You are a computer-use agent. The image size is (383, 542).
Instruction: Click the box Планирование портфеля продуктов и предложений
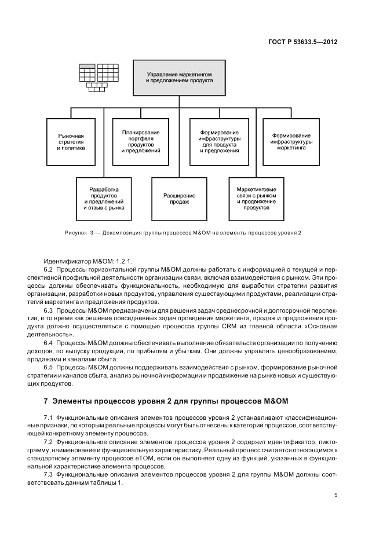point(141,141)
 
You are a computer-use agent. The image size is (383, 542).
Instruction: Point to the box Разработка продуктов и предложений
point(104,199)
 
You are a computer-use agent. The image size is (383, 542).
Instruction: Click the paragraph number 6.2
point(49,270)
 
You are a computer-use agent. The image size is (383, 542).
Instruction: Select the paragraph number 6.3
point(49,310)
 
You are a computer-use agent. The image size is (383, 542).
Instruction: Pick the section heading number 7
point(46,401)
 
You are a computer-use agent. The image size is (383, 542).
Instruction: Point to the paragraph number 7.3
point(49,474)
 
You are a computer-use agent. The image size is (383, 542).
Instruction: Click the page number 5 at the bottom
point(335,495)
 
